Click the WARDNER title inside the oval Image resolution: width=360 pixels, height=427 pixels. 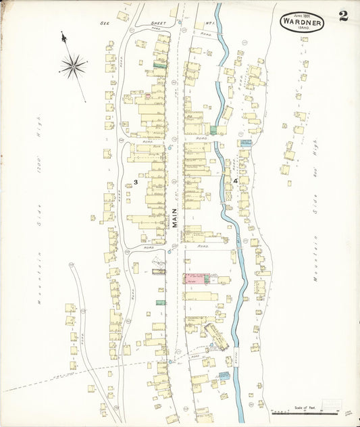click(x=302, y=22)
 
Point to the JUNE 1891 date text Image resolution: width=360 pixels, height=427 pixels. click(x=302, y=14)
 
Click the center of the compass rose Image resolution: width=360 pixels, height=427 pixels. click(x=72, y=66)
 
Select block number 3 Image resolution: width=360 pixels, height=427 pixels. click(x=136, y=182)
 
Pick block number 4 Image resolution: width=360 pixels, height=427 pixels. click(x=235, y=181)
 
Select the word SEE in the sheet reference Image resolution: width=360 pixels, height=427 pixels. click(x=105, y=23)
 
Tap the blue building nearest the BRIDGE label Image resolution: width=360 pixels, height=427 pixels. click(x=224, y=376)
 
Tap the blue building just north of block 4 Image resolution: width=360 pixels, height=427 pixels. click(x=245, y=143)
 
